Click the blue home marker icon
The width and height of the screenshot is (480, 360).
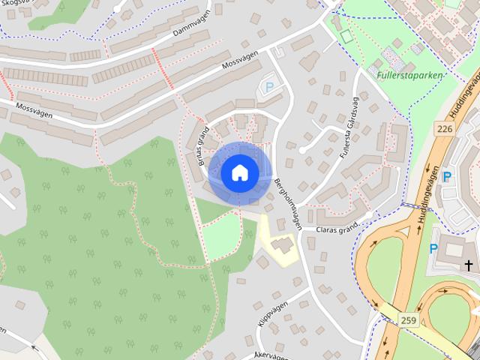tap(240, 172)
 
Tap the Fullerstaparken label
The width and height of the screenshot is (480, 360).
tap(409, 75)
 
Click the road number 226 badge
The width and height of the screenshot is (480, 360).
tap(445, 129)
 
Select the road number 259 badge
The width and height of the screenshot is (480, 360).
tap(408, 320)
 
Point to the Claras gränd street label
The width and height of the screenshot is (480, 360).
tap(338, 229)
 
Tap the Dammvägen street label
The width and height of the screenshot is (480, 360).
tap(189, 28)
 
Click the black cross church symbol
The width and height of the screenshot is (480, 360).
tap(469, 265)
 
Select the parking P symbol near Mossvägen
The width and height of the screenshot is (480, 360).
tap(269, 88)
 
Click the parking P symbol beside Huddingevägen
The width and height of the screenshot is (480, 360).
tap(447, 177)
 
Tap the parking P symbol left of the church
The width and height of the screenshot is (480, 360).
tap(433, 249)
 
